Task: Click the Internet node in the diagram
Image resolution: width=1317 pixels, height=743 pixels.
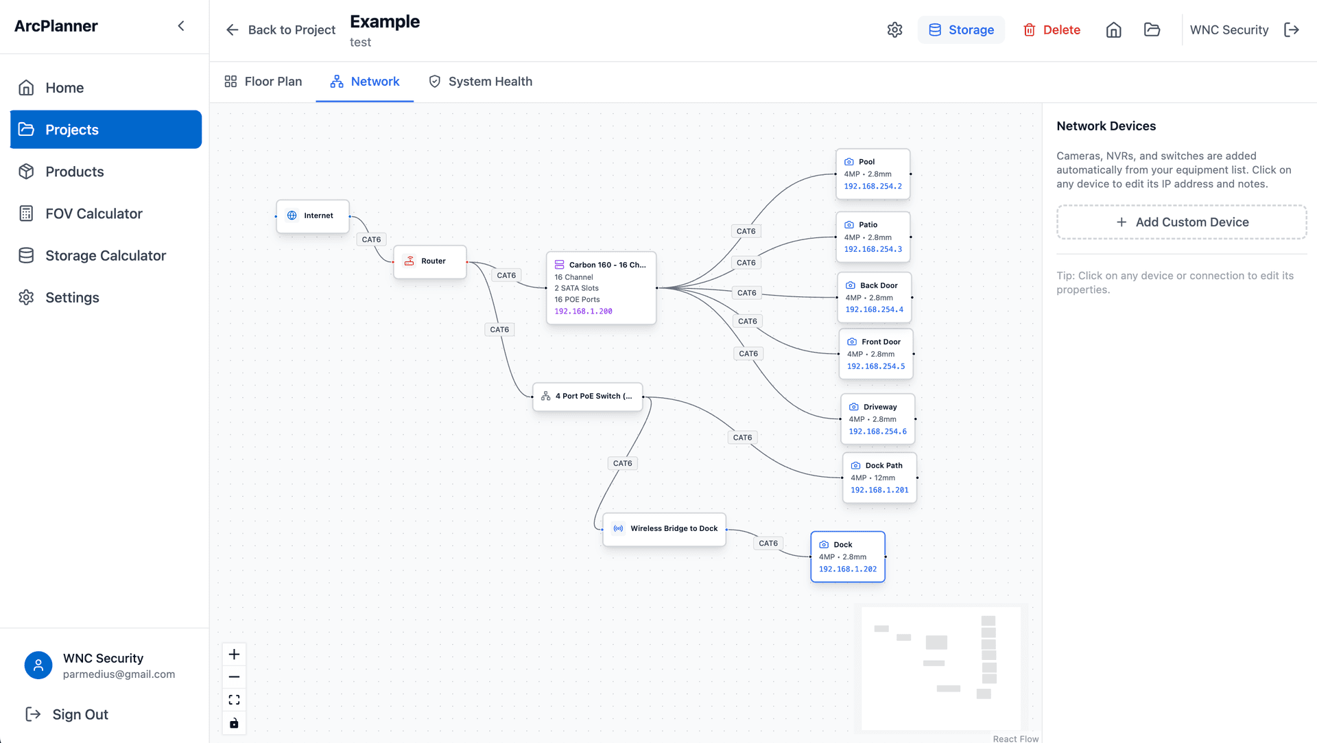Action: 313,216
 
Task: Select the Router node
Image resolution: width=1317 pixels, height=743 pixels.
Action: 430,261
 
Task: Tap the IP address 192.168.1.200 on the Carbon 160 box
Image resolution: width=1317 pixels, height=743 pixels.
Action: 583,311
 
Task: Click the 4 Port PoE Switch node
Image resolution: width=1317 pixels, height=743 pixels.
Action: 588,397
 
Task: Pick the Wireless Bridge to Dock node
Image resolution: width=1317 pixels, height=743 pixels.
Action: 664,529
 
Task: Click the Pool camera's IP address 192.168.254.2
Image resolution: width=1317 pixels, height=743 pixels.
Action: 873,187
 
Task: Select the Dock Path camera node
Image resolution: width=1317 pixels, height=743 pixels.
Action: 879,477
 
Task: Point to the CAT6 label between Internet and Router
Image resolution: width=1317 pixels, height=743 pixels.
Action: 371,239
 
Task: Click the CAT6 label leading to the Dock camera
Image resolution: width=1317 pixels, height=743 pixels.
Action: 768,543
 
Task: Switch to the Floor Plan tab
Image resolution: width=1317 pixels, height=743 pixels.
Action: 263,82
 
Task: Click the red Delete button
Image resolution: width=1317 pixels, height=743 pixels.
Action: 1052,30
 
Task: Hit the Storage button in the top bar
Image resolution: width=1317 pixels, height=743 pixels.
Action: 961,30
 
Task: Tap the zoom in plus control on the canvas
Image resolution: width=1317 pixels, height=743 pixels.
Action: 234,654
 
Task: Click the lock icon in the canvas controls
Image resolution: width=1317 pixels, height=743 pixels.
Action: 234,723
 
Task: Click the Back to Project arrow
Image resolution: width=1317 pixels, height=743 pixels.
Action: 233,30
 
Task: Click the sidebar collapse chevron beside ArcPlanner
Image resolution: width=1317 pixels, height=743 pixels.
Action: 181,26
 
